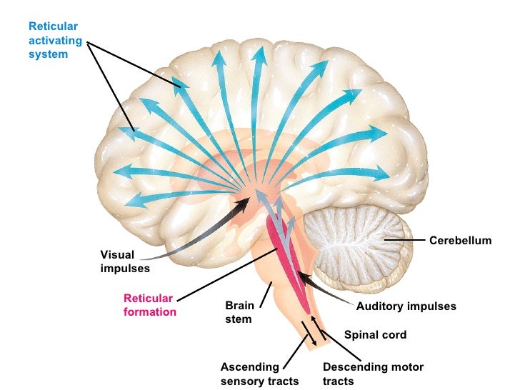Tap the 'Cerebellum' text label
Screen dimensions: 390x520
tap(460, 241)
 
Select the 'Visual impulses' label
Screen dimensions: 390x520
tap(124, 261)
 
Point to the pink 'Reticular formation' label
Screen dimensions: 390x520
tap(149, 305)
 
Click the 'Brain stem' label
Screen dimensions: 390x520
tap(239, 312)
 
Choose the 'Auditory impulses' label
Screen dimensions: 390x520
tap(406, 306)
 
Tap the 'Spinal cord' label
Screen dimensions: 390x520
tap(375, 334)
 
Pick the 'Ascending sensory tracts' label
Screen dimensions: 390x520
tap(259, 374)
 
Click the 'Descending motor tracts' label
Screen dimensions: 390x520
tap(373, 374)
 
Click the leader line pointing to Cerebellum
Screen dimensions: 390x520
tap(404, 241)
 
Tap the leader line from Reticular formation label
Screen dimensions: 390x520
tap(225, 274)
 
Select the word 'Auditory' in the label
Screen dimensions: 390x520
tap(381, 306)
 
